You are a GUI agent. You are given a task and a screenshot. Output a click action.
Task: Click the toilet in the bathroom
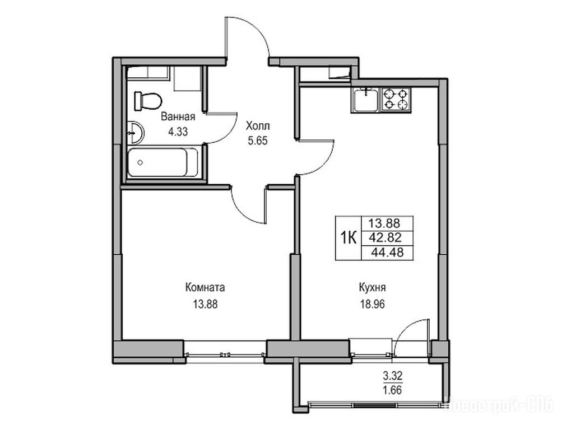click(x=147, y=101)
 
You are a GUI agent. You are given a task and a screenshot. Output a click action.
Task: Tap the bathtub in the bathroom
click(x=162, y=162)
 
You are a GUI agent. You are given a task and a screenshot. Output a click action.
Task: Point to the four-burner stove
click(x=396, y=100)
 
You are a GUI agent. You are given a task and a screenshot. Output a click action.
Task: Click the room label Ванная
click(x=178, y=117)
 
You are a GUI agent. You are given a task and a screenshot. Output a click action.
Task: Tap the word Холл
click(x=258, y=126)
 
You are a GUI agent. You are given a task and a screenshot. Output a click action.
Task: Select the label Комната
click(x=206, y=287)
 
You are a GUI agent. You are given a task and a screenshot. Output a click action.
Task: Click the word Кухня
click(x=373, y=287)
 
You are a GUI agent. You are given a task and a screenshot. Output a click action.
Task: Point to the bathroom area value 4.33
click(x=178, y=132)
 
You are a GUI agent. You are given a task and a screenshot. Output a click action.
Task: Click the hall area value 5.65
click(x=258, y=141)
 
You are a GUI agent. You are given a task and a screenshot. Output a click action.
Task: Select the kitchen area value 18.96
click(x=373, y=305)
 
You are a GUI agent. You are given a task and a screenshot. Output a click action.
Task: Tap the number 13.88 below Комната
click(x=206, y=305)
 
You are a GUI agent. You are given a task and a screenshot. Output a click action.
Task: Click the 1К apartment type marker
click(x=348, y=237)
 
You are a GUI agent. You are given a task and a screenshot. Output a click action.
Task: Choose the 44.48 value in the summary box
click(x=387, y=253)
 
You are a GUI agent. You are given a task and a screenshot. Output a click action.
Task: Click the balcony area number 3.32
click(x=393, y=376)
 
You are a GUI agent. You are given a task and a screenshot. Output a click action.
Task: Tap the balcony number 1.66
click(x=393, y=390)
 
